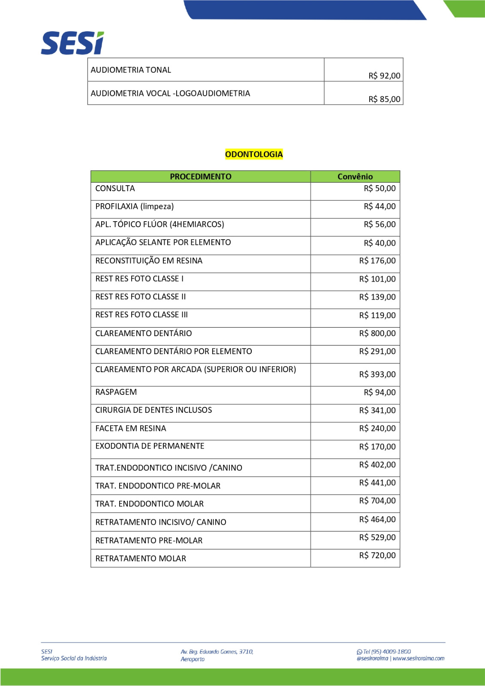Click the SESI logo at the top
[x=72, y=43]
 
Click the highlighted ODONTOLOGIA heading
[x=254, y=154]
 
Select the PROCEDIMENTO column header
[x=200, y=177]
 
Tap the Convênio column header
[x=355, y=177]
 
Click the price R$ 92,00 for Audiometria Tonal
[x=384, y=76]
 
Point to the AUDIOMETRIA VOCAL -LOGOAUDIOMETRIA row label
[x=170, y=93]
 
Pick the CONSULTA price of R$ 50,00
[x=380, y=189]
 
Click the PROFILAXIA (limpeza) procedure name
[x=134, y=207]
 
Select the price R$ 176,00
[x=377, y=261]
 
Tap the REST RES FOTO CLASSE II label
[x=140, y=297]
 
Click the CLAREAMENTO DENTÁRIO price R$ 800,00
[x=377, y=334]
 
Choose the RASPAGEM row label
[x=116, y=392]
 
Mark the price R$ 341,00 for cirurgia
[x=377, y=411]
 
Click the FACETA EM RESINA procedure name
[x=130, y=428]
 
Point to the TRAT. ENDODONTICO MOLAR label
[x=149, y=504]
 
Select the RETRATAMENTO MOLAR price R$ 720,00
[x=377, y=556]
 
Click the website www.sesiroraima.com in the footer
[x=419, y=659]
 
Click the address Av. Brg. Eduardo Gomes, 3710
[x=217, y=652]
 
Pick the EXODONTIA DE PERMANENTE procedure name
[x=150, y=446]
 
